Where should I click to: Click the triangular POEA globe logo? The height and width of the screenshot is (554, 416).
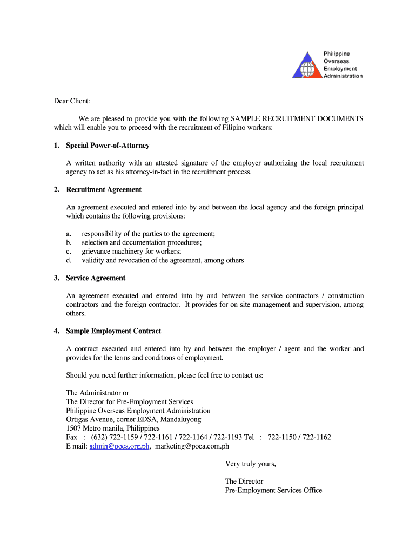click(x=306, y=65)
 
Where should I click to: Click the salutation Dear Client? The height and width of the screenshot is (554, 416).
click(x=71, y=101)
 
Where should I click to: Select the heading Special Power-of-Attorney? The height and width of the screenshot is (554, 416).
click(x=108, y=146)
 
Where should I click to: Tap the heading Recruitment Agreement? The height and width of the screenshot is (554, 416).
click(x=104, y=189)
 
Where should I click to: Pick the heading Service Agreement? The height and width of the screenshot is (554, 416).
click(x=96, y=278)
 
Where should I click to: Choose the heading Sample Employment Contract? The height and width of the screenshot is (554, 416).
click(x=113, y=331)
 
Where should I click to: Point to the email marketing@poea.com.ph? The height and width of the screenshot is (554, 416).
click(x=192, y=446)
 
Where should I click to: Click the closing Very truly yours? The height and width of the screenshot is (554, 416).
click(x=251, y=464)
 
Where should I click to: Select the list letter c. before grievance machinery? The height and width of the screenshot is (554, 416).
click(x=69, y=252)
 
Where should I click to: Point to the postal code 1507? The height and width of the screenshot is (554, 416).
click(x=73, y=428)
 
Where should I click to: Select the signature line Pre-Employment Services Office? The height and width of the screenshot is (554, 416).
click(x=273, y=490)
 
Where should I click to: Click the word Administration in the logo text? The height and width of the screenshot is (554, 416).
click(x=343, y=76)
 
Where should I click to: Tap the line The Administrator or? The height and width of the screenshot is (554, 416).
click(x=97, y=393)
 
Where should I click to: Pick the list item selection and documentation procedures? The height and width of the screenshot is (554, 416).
click(x=142, y=243)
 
